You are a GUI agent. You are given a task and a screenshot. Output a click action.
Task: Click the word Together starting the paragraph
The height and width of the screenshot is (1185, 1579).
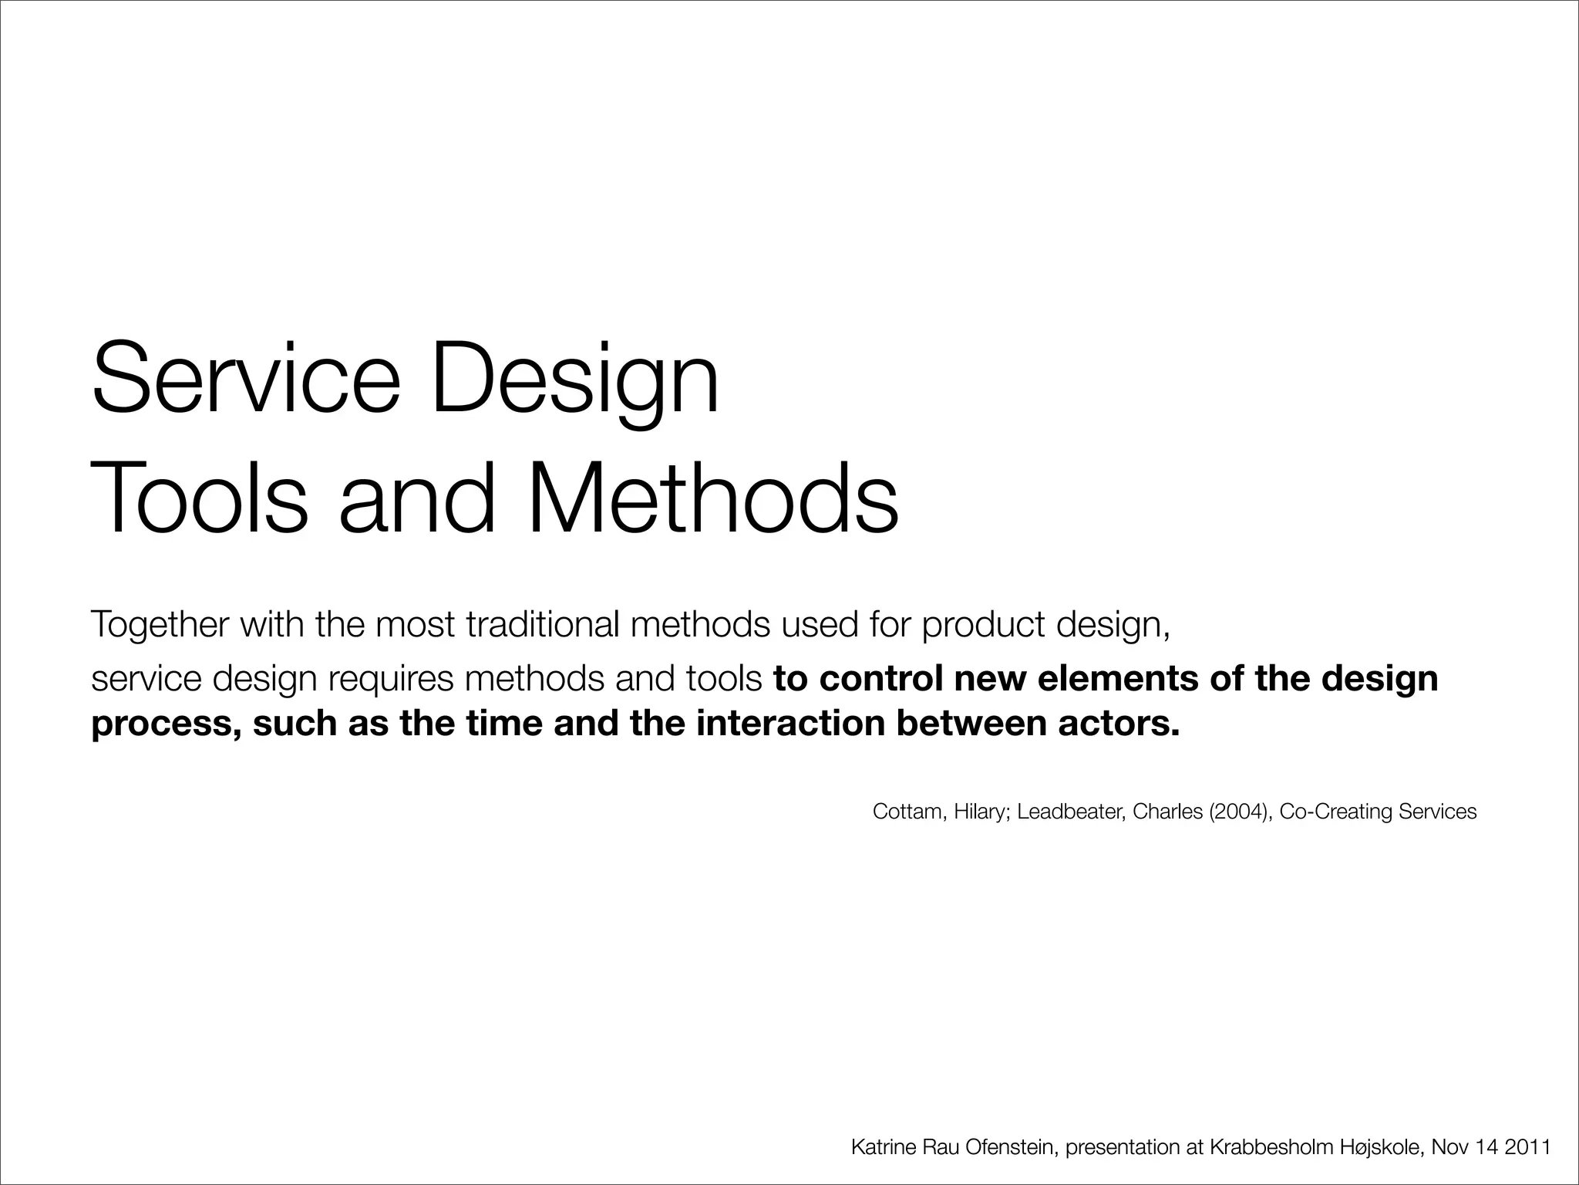(160, 625)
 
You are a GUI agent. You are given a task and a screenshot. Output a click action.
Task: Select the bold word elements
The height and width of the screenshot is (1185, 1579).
(1116, 678)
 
